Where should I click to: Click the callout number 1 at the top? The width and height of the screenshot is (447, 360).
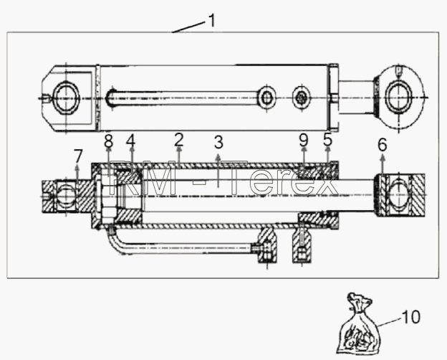click(x=212, y=21)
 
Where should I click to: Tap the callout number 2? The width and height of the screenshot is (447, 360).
click(x=179, y=140)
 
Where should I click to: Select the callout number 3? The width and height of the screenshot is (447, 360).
click(x=218, y=142)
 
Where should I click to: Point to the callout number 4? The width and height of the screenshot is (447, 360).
click(x=131, y=141)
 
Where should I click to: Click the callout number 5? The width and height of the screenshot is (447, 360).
click(x=328, y=140)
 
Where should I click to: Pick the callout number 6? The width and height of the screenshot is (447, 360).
click(x=383, y=144)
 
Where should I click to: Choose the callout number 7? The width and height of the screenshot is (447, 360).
click(x=78, y=156)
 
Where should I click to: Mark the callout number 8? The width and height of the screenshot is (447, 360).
click(x=109, y=141)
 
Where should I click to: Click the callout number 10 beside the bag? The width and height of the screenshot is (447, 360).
click(x=410, y=317)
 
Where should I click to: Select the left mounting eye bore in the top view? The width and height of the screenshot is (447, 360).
click(x=66, y=98)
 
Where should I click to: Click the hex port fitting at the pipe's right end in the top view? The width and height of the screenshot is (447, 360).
click(x=266, y=98)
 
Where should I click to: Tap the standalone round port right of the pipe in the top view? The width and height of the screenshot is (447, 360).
click(x=302, y=98)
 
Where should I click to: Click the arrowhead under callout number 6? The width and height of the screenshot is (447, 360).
click(x=382, y=156)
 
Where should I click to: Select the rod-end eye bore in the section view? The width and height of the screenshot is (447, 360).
click(x=398, y=194)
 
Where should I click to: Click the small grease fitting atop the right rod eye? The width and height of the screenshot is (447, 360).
click(x=398, y=72)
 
